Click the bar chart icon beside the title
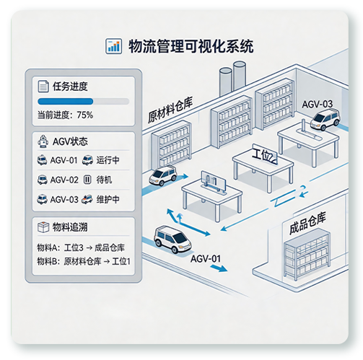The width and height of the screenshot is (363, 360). pyautogui.click(x=113, y=46)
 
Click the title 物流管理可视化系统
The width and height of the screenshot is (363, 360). pyautogui.click(x=191, y=46)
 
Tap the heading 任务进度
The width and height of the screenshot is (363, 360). pyautogui.click(x=70, y=87)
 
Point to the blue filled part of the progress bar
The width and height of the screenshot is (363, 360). pyautogui.click(x=66, y=101)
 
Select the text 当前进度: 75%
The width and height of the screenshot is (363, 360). pyautogui.click(x=65, y=115)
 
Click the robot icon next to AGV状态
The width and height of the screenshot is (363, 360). pyautogui.click(x=43, y=141)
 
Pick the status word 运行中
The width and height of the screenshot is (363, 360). pyautogui.click(x=108, y=160)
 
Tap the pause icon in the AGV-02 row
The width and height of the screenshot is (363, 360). pyautogui.click(x=87, y=180)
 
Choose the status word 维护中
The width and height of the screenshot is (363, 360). pyautogui.click(x=108, y=199)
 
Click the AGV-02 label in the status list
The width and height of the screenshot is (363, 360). pyautogui.click(x=64, y=180)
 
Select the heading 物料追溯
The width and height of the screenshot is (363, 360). pyautogui.click(x=70, y=227)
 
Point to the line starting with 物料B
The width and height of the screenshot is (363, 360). pyautogui.click(x=84, y=261)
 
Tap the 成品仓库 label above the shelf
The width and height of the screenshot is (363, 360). pyautogui.click(x=307, y=223)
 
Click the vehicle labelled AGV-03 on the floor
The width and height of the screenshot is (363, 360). pyautogui.click(x=325, y=120)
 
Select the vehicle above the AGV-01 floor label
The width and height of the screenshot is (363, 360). pyautogui.click(x=172, y=239)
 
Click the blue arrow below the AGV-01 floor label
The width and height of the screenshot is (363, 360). pyautogui.click(x=219, y=268)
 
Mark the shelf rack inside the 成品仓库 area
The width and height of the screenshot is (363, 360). pyautogui.click(x=307, y=255)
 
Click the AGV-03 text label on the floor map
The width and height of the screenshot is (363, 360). pyautogui.click(x=317, y=105)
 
